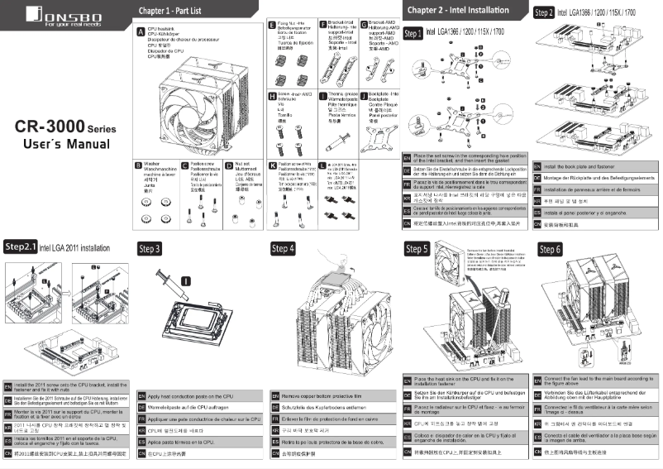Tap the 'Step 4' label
point(283,248)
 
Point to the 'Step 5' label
point(417,248)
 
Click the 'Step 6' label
point(550,248)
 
